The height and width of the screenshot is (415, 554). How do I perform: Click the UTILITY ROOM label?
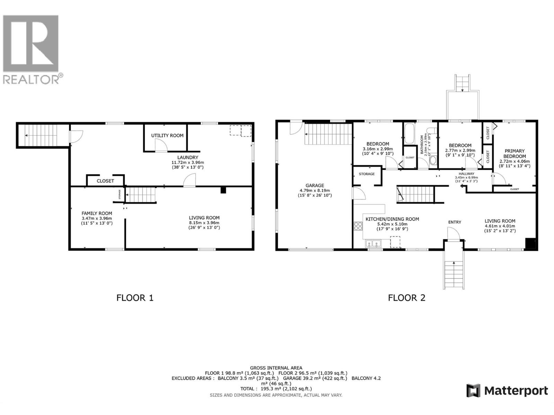[167, 136]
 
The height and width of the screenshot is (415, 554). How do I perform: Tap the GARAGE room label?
[315, 185]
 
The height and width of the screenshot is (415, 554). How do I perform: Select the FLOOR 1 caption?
[135, 298]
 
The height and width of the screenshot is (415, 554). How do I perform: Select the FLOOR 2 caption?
[406, 298]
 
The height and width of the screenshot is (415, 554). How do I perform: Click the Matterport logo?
[507, 391]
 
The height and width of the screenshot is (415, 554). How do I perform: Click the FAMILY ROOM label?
[97, 213]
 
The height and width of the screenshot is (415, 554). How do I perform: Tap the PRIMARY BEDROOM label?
[515, 154]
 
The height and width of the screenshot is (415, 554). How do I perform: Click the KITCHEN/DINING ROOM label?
[392, 219]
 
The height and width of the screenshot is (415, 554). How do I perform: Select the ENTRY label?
[455, 222]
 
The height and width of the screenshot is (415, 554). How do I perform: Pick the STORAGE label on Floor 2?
[366, 174]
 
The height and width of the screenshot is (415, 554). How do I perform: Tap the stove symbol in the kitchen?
[358, 226]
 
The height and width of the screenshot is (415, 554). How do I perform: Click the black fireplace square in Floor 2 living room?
[530, 243]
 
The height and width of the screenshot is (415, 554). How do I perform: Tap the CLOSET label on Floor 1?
[105, 181]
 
